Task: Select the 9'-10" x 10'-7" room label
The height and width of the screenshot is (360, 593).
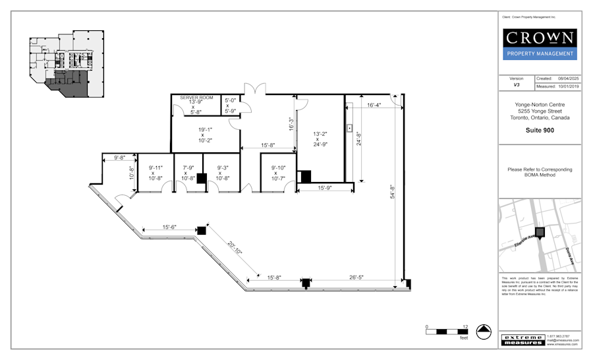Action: [275, 173]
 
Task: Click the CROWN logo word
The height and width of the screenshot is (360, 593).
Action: [540, 38]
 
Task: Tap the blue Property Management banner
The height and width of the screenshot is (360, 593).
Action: [540, 53]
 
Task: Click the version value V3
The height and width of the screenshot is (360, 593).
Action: [517, 86]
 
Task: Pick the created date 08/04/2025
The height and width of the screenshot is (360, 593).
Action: [567, 78]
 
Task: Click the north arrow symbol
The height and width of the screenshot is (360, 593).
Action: [484, 332]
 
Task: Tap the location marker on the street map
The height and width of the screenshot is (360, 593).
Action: [540, 232]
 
